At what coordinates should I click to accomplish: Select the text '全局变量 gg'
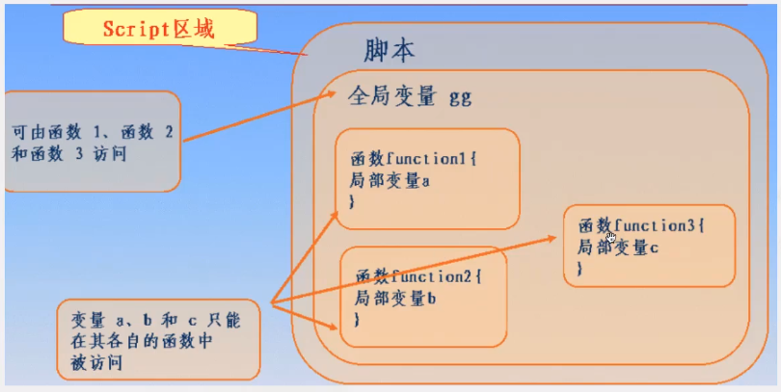(x=409, y=98)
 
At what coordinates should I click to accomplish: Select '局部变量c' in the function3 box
(x=617, y=247)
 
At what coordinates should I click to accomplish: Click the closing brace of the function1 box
(x=352, y=200)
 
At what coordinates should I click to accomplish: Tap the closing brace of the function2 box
(x=358, y=318)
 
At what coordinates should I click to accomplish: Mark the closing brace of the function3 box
(x=579, y=269)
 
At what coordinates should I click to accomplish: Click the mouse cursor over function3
(x=610, y=237)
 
